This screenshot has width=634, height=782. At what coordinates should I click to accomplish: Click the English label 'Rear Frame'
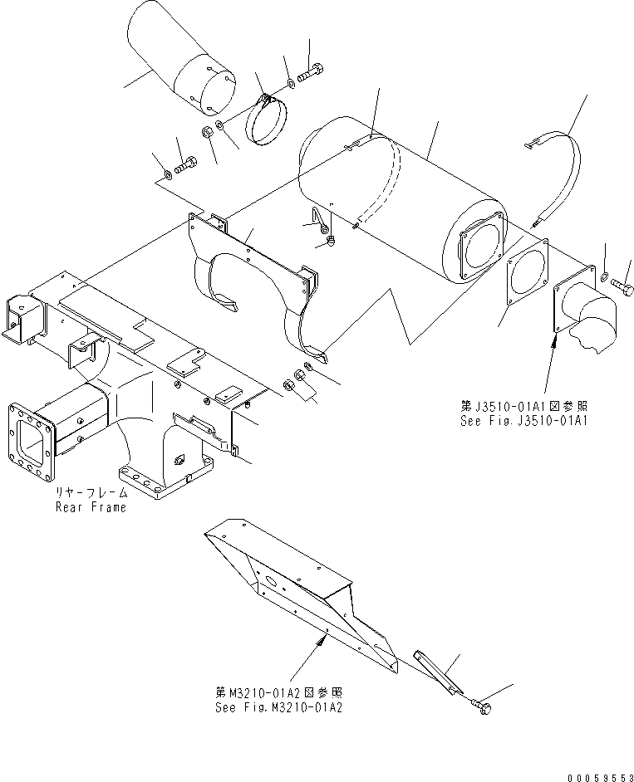click(91, 506)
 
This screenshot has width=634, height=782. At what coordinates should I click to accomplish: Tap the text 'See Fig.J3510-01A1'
click(523, 421)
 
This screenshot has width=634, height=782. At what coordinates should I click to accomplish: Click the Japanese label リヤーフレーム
click(91, 493)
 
